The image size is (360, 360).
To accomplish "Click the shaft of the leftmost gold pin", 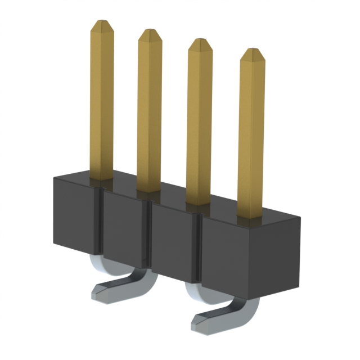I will (102, 101).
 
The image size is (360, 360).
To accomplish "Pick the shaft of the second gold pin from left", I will (150, 112).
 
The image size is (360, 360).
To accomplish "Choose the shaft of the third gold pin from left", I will (200, 124).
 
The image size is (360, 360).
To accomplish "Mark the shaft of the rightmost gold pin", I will (251, 135).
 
